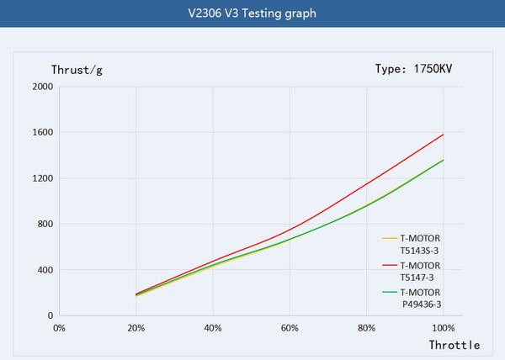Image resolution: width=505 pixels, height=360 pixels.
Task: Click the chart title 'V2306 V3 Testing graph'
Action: click(x=252, y=13)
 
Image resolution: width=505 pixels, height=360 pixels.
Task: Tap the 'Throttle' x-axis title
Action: click(x=454, y=345)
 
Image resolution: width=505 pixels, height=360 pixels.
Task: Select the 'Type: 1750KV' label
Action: click(x=420, y=68)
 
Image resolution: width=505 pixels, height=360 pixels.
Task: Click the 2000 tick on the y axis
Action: click(x=42, y=87)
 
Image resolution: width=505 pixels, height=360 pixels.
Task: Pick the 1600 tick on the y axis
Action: click(x=42, y=133)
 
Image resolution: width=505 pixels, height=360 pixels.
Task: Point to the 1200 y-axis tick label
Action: click(x=42, y=178)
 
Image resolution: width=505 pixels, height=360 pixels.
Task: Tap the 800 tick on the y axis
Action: click(x=45, y=225)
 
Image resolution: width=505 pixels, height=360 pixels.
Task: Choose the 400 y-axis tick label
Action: click(x=45, y=270)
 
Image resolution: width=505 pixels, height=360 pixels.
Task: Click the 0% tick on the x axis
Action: click(x=59, y=326)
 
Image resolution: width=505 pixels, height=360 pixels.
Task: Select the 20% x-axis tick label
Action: click(x=136, y=326)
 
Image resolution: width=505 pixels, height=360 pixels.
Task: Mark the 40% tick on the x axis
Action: click(x=213, y=326)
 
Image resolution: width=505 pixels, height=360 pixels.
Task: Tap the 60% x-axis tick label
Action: click(x=290, y=326)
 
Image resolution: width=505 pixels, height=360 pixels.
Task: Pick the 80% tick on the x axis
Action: click(x=366, y=326)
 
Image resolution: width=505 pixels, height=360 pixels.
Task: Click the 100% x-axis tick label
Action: click(x=443, y=326)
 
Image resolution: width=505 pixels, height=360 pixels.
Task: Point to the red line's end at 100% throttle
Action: click(x=443, y=135)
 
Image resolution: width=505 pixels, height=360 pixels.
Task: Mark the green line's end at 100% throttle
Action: click(x=443, y=161)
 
